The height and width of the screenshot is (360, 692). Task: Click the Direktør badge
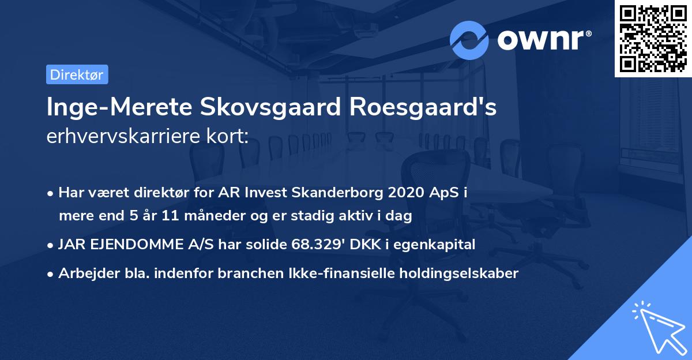(x=77, y=74)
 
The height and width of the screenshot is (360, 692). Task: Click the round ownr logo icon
(x=469, y=40)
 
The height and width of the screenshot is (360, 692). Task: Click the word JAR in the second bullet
(x=70, y=245)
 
